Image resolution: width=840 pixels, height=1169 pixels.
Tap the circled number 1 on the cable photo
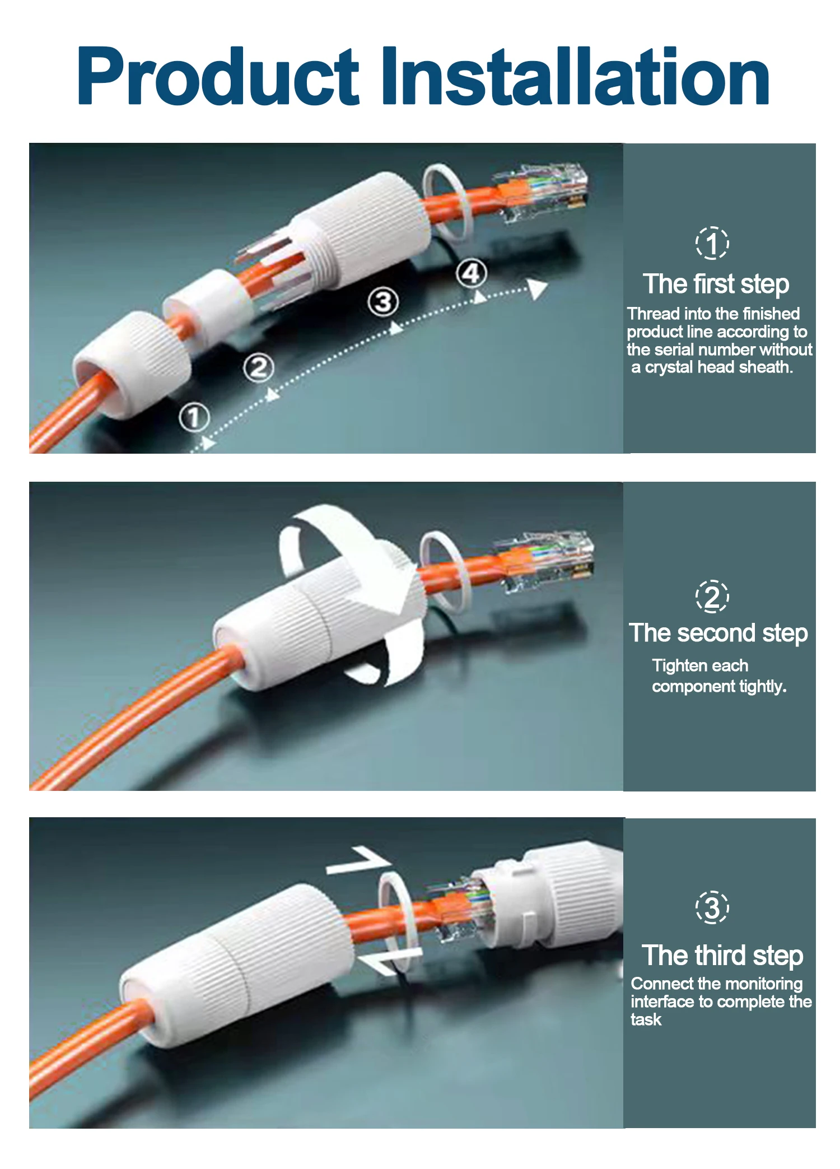click(194, 417)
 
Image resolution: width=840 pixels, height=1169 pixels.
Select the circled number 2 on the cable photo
click(259, 368)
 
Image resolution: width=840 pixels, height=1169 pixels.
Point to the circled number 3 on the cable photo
click(384, 302)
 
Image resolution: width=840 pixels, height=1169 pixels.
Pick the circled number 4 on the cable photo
click(471, 273)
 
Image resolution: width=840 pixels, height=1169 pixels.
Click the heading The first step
click(716, 284)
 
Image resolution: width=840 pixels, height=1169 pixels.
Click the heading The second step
click(718, 634)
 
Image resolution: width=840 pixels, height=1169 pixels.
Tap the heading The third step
click(722, 956)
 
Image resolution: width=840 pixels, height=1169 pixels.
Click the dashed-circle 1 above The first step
click(712, 243)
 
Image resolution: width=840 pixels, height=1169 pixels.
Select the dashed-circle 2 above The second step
click(712, 597)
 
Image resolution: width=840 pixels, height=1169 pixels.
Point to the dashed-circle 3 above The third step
click(712, 907)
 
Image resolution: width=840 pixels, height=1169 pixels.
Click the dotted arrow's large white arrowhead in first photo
click(538, 288)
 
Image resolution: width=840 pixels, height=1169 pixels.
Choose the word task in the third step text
click(646, 1019)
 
